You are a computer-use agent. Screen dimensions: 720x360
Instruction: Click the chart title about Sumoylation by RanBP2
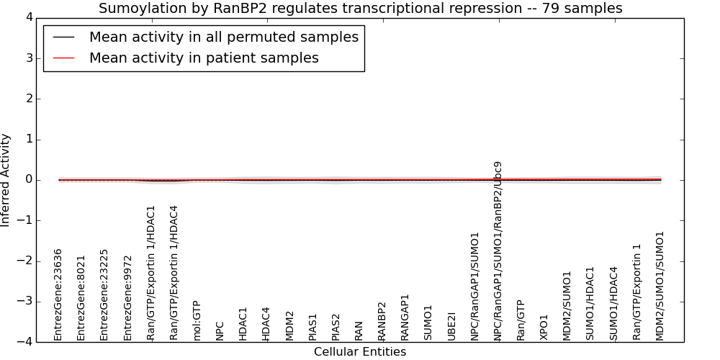tap(361, 8)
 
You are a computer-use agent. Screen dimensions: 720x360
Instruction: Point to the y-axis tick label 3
tap(30, 58)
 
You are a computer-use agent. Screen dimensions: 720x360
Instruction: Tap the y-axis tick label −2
tap(25, 261)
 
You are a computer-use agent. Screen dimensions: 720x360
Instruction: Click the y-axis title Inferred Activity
tap(5, 180)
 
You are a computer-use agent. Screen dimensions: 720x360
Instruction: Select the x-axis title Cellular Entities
tap(360, 352)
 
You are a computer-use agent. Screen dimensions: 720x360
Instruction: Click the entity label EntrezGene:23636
tap(58, 294)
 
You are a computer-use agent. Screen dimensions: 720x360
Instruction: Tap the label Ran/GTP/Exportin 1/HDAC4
tap(173, 273)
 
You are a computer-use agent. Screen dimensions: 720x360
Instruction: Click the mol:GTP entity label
tap(197, 321)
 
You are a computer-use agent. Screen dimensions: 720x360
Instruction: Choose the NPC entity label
tap(220, 331)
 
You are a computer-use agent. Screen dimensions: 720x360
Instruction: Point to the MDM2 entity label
tap(289, 326)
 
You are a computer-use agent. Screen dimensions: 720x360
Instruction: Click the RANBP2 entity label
tap(382, 321)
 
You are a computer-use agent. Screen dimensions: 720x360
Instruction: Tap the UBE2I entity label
tap(451, 326)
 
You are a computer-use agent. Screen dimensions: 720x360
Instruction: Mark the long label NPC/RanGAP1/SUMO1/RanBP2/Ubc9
tap(498, 251)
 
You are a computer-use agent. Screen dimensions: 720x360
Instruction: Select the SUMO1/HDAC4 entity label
tap(613, 304)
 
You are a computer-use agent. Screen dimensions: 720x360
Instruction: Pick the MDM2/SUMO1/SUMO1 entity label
tap(660, 286)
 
